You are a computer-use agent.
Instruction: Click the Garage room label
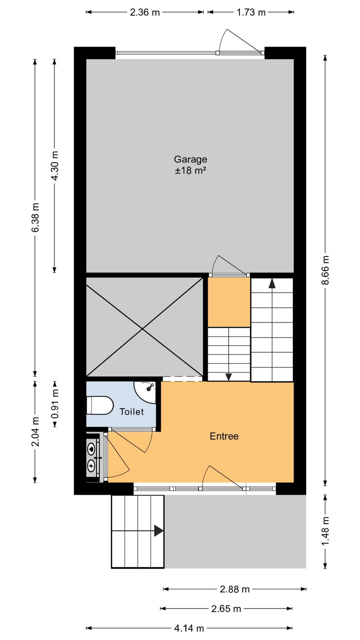click(190, 159)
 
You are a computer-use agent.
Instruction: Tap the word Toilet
click(132, 412)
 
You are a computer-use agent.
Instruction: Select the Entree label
click(224, 436)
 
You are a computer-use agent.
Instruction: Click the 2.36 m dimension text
click(145, 12)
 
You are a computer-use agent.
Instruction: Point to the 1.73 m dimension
click(251, 12)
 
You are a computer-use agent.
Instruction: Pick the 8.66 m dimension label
click(325, 270)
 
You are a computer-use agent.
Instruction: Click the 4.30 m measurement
click(55, 166)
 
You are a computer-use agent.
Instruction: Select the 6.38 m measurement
click(35, 217)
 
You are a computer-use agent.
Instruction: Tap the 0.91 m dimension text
click(55, 404)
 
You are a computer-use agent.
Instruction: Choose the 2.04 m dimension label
click(35, 432)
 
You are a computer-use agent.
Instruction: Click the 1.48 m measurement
click(325, 531)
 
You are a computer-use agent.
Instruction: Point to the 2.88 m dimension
click(235, 589)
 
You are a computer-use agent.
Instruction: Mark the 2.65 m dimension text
click(226, 609)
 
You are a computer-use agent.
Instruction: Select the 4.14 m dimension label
click(189, 628)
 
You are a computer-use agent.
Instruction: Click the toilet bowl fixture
click(100, 405)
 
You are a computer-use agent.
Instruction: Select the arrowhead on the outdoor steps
click(158, 531)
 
